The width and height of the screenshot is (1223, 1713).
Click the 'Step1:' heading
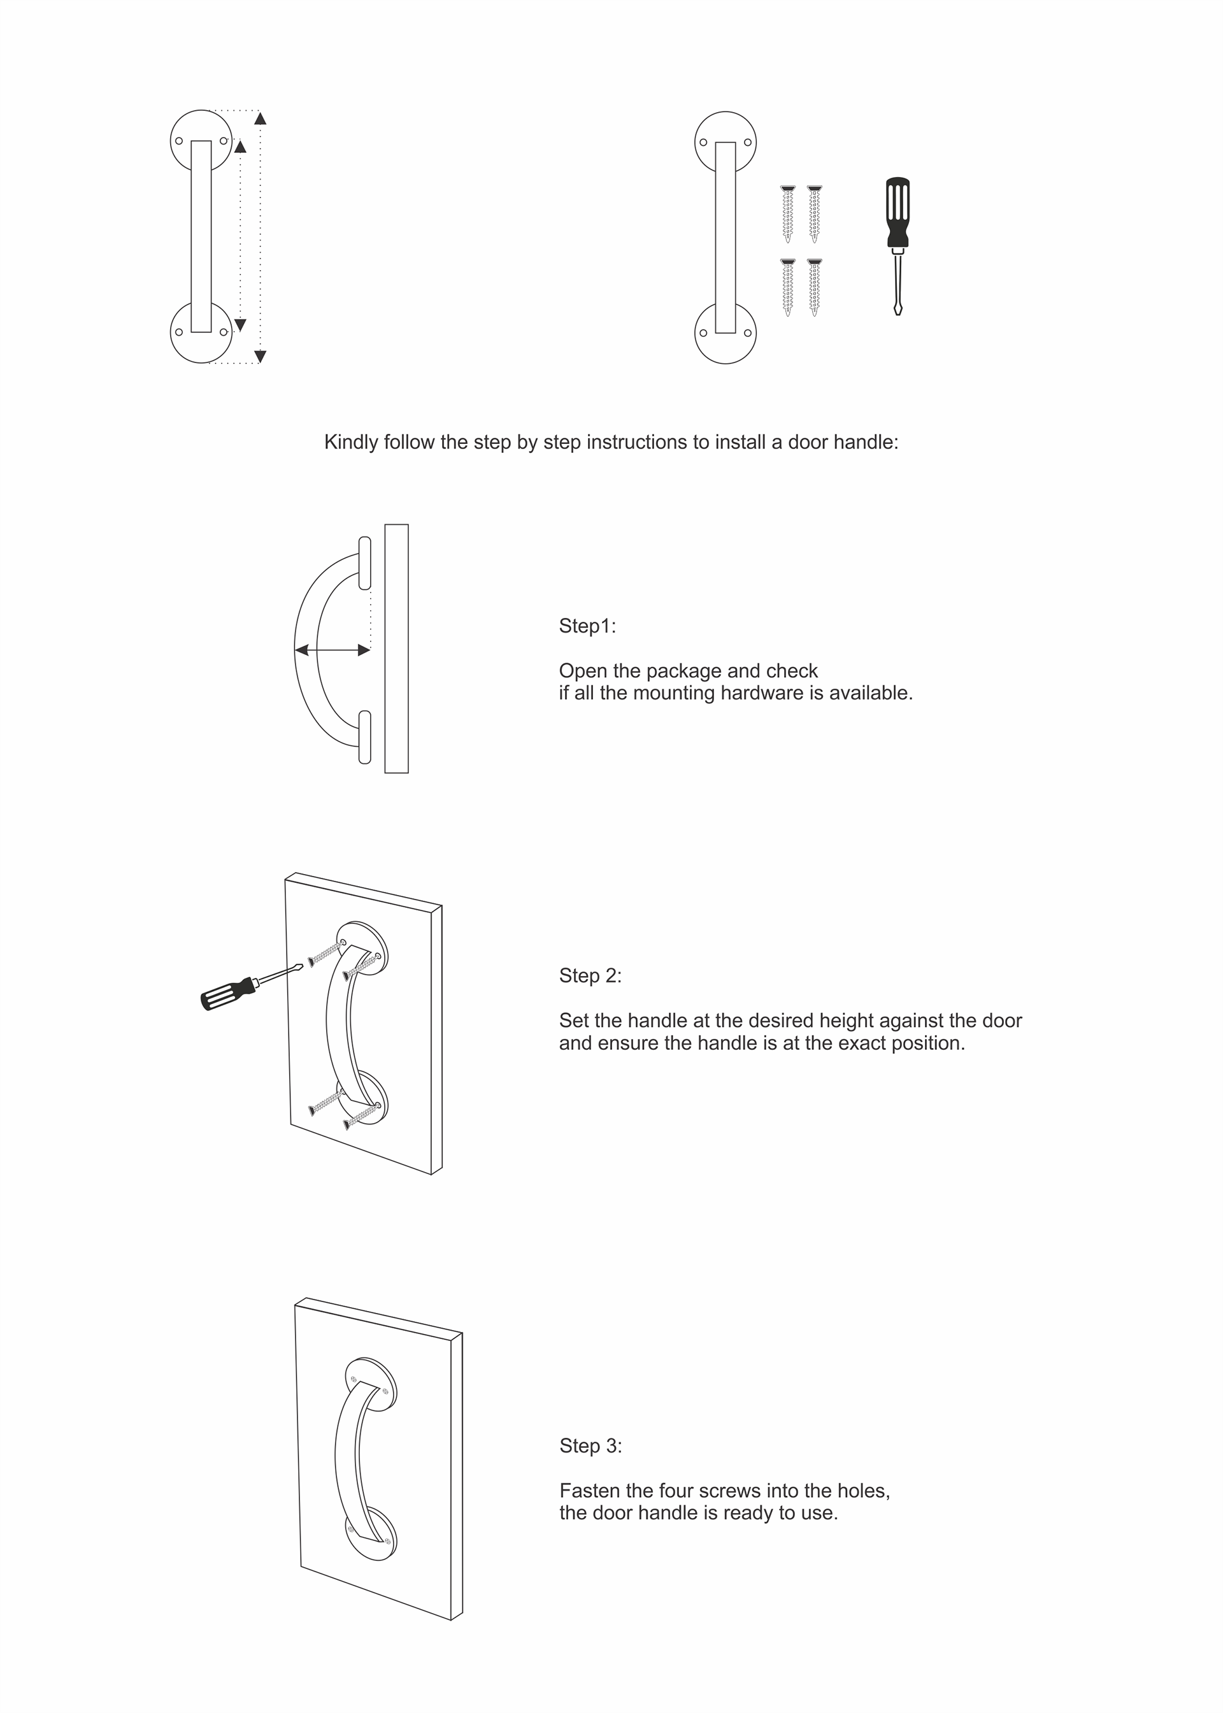[587, 626]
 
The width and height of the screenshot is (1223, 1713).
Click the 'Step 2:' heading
[590, 975]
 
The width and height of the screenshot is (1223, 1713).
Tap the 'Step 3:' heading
[590, 1445]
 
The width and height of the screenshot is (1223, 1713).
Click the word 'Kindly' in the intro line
[351, 442]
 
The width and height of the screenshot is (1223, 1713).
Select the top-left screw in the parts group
[788, 214]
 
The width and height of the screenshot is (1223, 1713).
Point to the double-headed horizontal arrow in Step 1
[332, 649]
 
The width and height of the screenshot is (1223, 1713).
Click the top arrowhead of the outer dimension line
[260, 118]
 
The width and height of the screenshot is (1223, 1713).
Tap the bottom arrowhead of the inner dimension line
[240, 324]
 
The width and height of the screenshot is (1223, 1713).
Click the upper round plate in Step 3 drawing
[371, 1385]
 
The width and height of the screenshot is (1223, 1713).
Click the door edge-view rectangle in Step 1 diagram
[396, 649]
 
